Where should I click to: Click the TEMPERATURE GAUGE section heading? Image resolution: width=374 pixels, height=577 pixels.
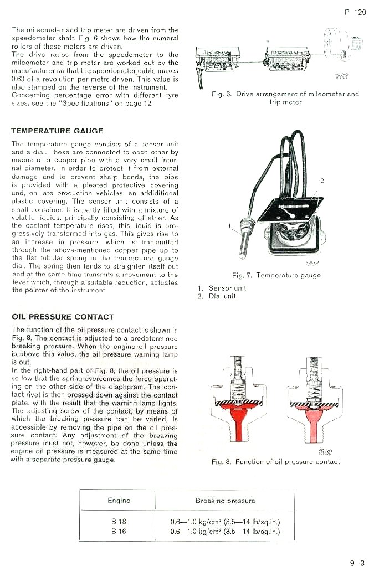pyautogui.click(x=57, y=131)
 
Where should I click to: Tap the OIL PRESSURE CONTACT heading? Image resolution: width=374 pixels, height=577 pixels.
pyautogui.click(x=63, y=317)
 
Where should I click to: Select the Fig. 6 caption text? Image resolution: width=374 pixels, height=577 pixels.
pyautogui.click(x=285, y=98)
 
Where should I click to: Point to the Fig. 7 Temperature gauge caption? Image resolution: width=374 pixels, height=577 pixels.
pyautogui.click(x=276, y=275)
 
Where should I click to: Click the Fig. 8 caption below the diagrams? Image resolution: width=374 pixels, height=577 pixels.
pyautogui.click(x=275, y=462)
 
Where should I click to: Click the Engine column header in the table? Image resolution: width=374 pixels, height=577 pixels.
pyautogui.click(x=119, y=501)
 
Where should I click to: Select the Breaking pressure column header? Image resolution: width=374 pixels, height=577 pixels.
pyautogui.click(x=225, y=501)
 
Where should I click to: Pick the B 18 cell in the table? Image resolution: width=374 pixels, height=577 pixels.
pyautogui.click(x=119, y=521)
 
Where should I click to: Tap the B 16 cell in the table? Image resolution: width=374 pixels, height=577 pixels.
pyautogui.click(x=119, y=531)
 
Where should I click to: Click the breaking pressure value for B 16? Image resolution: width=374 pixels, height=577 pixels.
pyautogui.click(x=225, y=531)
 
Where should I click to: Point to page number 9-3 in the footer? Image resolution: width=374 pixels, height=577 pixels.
pyautogui.click(x=357, y=564)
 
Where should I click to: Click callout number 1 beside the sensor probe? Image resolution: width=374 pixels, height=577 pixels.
pyautogui.click(x=229, y=225)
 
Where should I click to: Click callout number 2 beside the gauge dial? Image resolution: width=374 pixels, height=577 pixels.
pyautogui.click(x=322, y=181)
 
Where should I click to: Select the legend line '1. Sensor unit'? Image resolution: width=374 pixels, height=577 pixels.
pyautogui.click(x=222, y=288)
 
